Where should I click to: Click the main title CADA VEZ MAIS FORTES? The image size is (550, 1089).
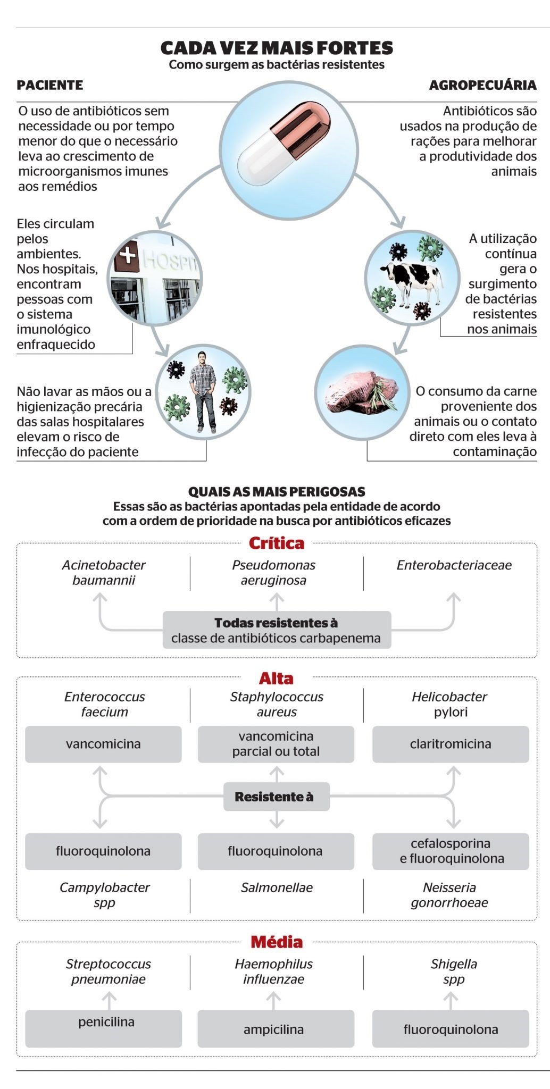pos(277,48)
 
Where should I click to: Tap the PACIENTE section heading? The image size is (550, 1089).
pos(50,85)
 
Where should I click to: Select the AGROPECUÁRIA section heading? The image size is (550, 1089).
pos(482,85)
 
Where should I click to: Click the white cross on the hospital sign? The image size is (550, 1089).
pos(128,256)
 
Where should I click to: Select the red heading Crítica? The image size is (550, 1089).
pos(277,543)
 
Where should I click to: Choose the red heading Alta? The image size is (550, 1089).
pos(276,678)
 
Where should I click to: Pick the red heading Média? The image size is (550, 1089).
pos(277,942)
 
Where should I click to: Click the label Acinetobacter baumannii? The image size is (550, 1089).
pos(104,573)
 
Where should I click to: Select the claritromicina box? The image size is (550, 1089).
pos(451,744)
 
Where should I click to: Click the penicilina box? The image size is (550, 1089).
pos(104,1028)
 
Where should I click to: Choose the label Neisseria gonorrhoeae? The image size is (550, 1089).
pos(449,895)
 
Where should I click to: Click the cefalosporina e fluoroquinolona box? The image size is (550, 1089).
pos(451,851)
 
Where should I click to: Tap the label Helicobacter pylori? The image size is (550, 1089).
pos(450,704)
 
